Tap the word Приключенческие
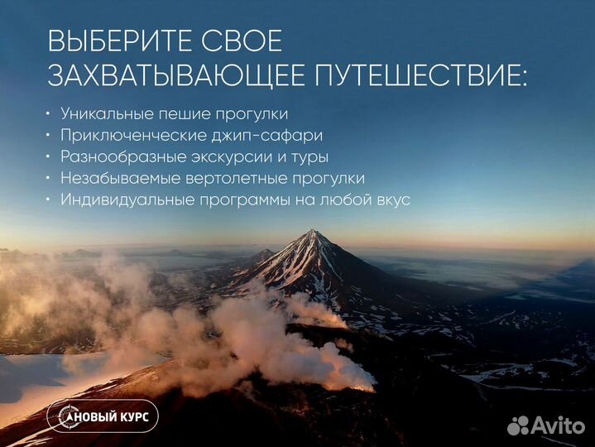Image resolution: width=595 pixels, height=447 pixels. click(x=132, y=135)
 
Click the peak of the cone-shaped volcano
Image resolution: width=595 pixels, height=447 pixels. click(x=312, y=233)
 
